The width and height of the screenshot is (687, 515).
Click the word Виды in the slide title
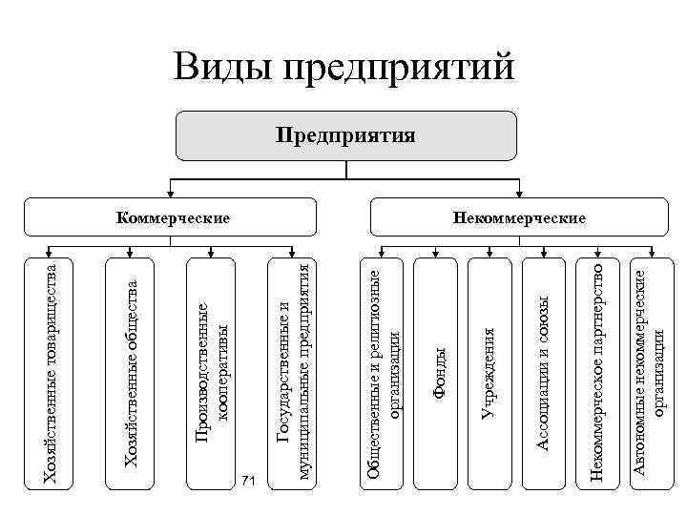pos(222,68)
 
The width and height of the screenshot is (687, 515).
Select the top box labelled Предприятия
pos(346,134)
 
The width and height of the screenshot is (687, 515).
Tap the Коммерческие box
pos(173,217)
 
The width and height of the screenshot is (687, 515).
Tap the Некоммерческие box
pos(520,217)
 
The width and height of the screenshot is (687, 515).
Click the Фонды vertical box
pos(439,366)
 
